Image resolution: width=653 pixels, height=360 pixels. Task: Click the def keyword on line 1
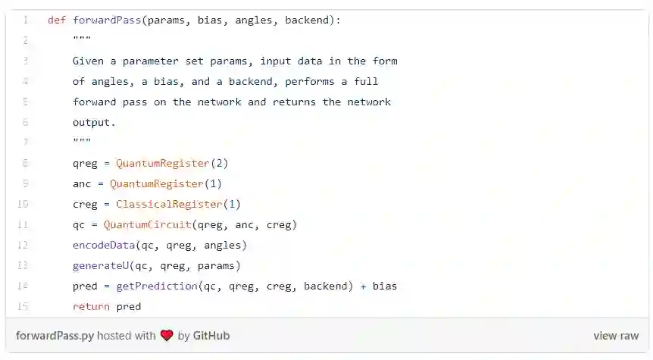click(57, 20)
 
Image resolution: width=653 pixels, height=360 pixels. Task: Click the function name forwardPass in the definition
click(107, 20)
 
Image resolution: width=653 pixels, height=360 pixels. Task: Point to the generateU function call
click(101, 265)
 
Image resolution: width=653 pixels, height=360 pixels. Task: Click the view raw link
click(616, 336)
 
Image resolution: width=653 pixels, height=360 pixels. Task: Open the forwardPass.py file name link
click(55, 336)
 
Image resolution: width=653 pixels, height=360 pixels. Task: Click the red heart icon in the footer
click(167, 336)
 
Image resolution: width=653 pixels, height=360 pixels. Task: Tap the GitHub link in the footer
click(211, 336)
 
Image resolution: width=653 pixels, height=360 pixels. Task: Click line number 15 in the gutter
click(23, 306)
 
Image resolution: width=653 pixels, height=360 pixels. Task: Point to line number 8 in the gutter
click(25, 163)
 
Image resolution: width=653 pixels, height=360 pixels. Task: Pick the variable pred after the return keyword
click(129, 306)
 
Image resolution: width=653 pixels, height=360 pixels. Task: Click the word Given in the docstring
click(88, 61)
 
